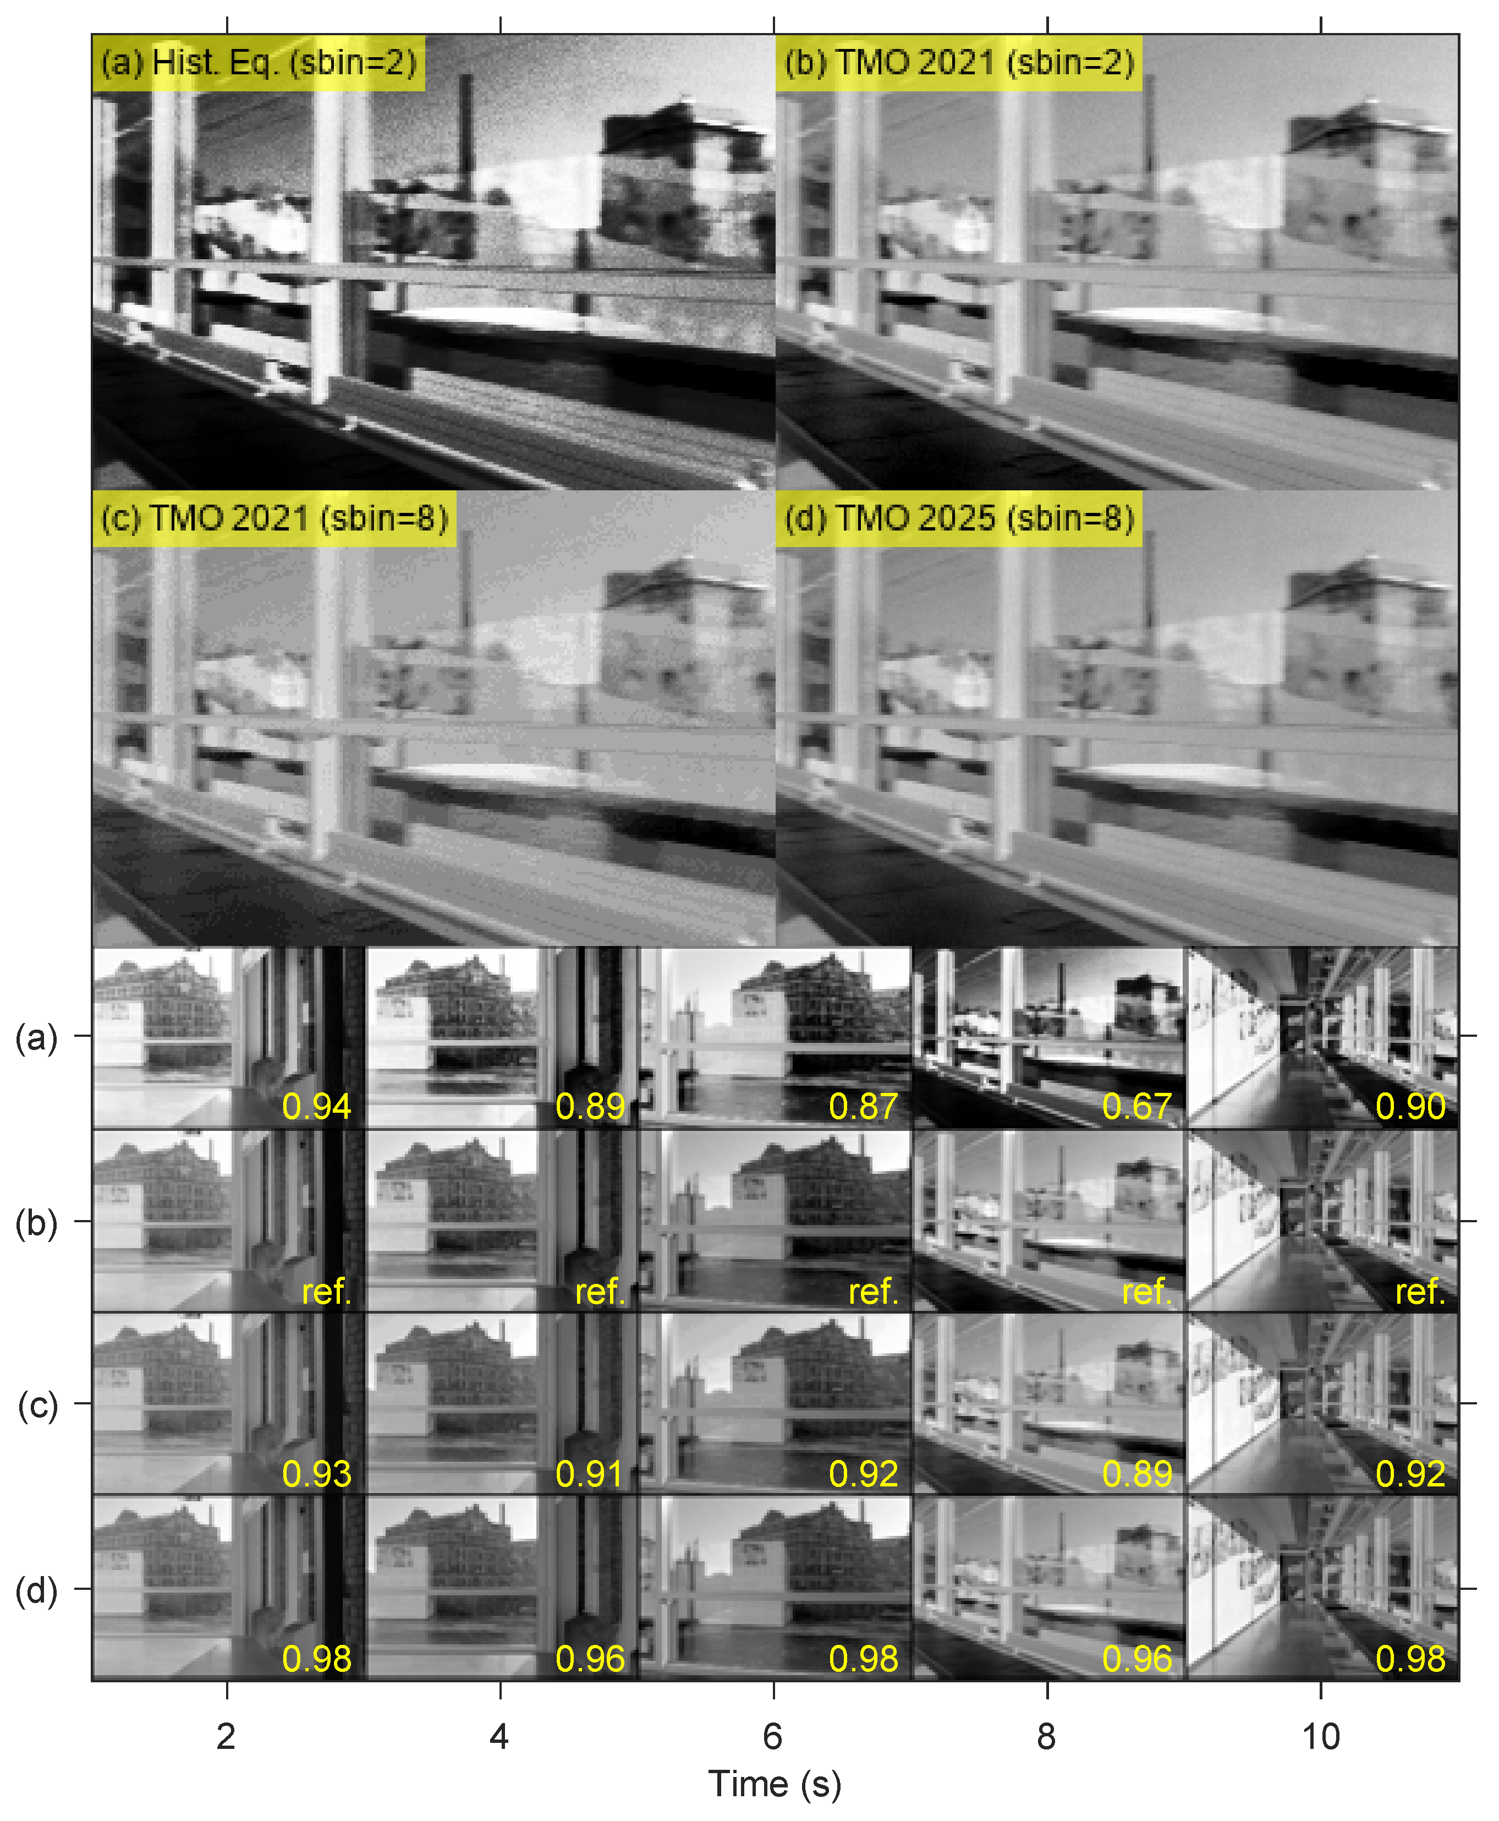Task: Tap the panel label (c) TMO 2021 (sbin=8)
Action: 274,518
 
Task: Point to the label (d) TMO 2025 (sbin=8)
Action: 958,518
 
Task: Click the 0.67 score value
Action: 1136,1107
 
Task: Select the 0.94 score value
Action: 317,1107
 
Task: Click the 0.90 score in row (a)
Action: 1410,1107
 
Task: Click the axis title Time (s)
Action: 775,1785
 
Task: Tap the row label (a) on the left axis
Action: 37,1037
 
